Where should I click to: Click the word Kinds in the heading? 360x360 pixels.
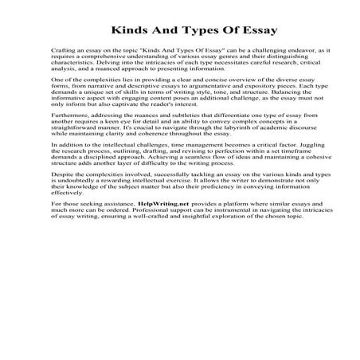(119, 31)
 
